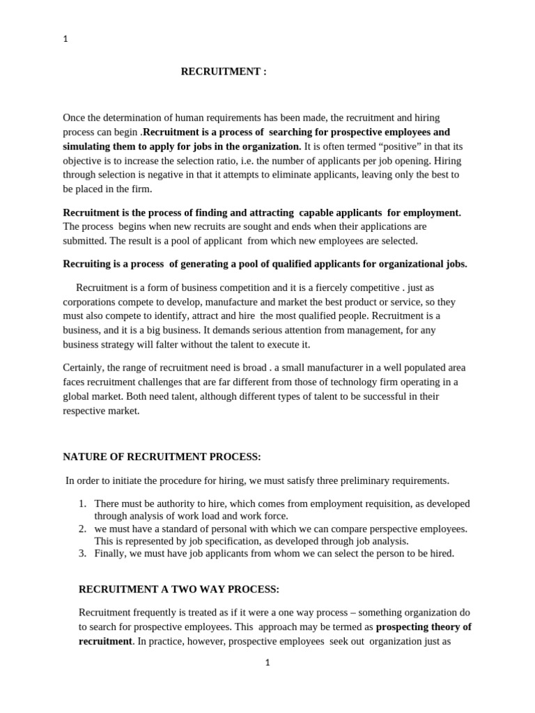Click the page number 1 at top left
tap(65, 40)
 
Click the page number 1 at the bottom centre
tap(267, 663)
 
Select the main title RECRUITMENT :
tap(224, 71)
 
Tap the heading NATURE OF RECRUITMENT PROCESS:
tap(162, 457)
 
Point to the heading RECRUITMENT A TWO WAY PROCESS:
tap(179, 589)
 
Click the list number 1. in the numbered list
tap(82, 503)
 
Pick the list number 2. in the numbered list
tap(82, 528)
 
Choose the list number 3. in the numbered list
tap(82, 554)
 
